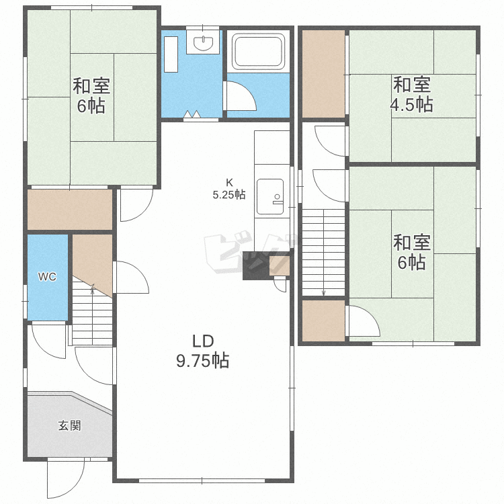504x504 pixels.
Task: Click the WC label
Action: [x=47, y=277]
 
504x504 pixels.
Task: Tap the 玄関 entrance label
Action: [x=69, y=425]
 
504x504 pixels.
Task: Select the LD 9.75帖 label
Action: [x=203, y=351]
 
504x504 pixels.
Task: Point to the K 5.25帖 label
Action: [x=229, y=189]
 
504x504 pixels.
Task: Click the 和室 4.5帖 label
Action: [x=412, y=94]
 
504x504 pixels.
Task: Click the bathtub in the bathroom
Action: [x=259, y=52]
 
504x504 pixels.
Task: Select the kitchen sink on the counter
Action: [x=270, y=197]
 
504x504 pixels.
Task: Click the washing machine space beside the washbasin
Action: [x=171, y=54]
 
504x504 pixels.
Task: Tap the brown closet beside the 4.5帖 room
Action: [x=323, y=74]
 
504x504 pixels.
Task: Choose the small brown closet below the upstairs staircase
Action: [x=323, y=321]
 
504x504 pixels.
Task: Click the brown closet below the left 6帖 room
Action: [x=70, y=210]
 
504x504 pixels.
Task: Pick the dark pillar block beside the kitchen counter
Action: [x=256, y=265]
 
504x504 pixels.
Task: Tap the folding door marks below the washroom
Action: [x=192, y=114]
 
